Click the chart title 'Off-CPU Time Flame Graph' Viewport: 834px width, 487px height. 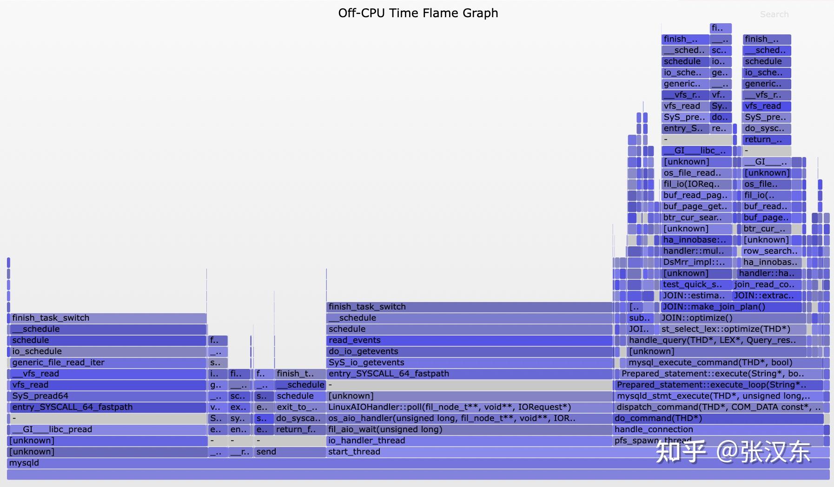(x=418, y=13)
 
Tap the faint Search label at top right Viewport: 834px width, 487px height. (x=774, y=14)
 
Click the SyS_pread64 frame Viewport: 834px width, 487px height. (x=107, y=396)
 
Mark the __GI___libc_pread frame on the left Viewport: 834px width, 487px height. (x=107, y=429)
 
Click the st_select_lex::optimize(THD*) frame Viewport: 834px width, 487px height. (x=733, y=329)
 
